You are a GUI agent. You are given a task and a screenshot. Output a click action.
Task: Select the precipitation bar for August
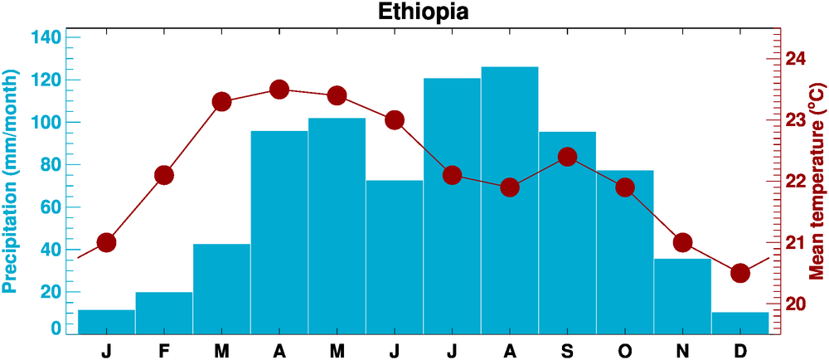click(510, 199)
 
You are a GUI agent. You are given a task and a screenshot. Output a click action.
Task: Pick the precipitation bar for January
click(106, 322)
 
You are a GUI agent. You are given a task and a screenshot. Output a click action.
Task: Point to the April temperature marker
click(279, 90)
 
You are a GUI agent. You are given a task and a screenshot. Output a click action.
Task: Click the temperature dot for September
click(568, 157)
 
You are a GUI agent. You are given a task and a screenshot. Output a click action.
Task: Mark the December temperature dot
click(740, 274)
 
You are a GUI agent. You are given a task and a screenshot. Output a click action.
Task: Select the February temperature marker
click(164, 175)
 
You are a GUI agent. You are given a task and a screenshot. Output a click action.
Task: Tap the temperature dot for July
click(453, 175)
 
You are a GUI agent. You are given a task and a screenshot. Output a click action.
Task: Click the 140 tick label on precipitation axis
click(46, 38)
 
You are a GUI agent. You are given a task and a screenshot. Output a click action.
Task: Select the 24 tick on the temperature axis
click(796, 60)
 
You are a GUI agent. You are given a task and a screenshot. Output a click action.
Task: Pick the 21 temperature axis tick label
click(796, 242)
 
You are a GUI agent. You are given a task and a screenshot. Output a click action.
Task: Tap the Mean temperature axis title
click(817, 182)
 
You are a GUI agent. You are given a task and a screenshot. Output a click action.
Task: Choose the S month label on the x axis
click(568, 350)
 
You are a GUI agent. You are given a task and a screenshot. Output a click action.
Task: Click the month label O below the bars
click(625, 350)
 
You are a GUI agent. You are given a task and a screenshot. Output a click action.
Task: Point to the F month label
click(164, 350)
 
